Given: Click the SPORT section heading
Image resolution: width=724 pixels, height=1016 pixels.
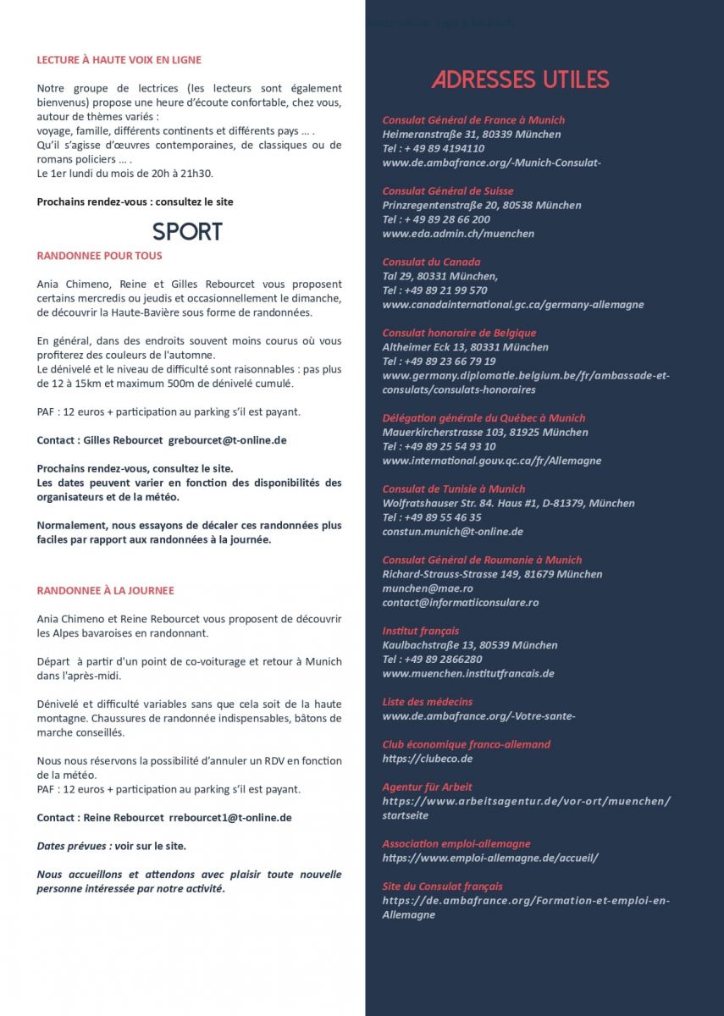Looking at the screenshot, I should pos(187,232).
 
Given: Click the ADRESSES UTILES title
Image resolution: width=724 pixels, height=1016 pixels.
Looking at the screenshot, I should pos(520,80).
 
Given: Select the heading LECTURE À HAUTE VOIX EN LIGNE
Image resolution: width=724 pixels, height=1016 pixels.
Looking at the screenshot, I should pos(119,60).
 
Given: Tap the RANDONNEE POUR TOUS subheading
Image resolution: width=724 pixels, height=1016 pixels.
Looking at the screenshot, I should pos(100,256).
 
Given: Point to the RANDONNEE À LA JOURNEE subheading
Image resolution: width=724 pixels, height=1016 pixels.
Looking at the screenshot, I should pos(106,590).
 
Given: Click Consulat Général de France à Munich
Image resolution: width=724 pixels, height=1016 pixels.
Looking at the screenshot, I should pos(473,120).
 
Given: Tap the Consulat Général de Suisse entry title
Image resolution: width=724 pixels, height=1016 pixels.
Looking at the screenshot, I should pos(447,191).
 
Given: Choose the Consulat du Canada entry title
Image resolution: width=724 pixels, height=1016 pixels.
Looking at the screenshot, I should pos(431,262).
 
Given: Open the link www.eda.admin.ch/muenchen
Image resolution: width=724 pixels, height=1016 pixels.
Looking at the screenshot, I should pos(458,234).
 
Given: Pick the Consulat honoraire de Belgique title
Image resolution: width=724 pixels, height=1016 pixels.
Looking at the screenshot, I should pos(459,334).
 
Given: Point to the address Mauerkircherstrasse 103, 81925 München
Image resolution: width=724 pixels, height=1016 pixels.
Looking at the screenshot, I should pos(485,433).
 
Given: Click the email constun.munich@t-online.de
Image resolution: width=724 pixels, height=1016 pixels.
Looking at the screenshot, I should pos(452,532).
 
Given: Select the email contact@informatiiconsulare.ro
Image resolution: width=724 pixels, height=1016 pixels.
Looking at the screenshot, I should pos(460,603).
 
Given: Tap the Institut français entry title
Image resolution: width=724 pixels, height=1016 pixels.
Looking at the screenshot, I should pos(421,631).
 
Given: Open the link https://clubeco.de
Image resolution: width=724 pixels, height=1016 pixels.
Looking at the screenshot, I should pos(427,759).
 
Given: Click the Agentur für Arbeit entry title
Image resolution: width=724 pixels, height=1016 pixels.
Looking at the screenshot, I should pos(427,787).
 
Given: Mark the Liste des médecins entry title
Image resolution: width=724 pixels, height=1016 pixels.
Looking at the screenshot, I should pos(428,702).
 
